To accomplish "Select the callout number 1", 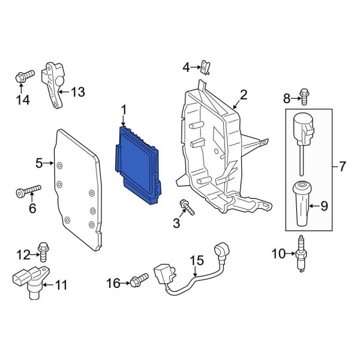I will coord(124,110).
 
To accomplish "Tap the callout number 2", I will coord(244,94).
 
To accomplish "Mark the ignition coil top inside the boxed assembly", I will coord(302,127).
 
